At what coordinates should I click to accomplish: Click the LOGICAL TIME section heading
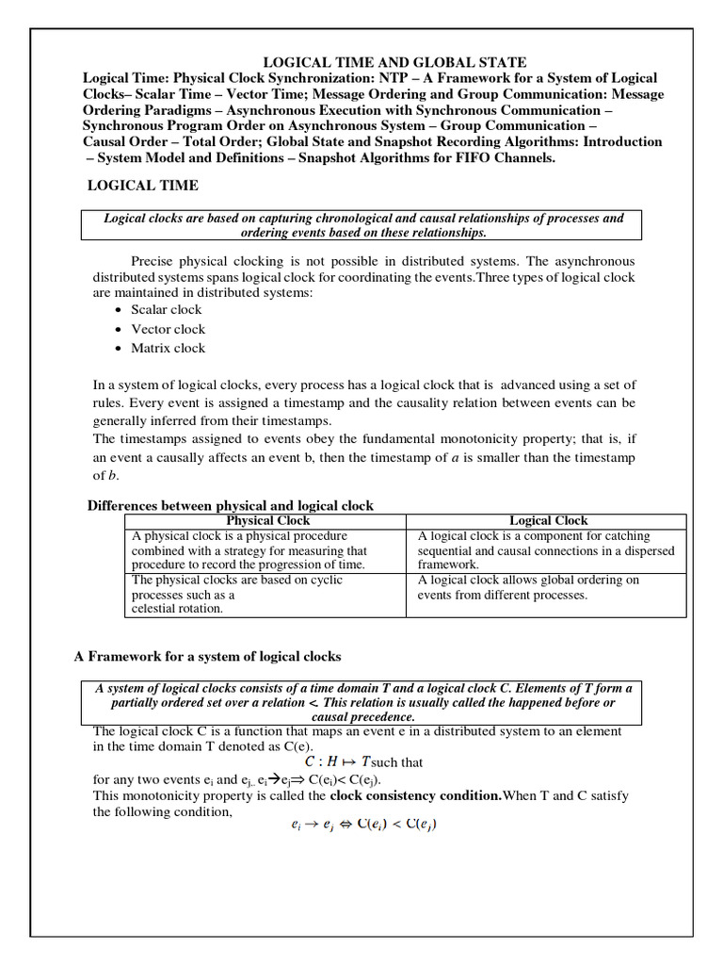click(x=143, y=186)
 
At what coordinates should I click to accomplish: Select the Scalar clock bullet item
click(x=166, y=309)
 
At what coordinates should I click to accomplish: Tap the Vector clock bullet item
click(x=168, y=329)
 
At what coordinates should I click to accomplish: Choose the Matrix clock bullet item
click(x=168, y=348)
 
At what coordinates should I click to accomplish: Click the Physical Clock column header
click(x=268, y=520)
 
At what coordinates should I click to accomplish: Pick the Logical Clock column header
click(x=548, y=520)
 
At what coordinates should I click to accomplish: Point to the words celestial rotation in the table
click(x=177, y=609)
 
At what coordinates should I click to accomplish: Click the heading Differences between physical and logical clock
click(x=231, y=505)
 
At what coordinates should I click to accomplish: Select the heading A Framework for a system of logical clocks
click(x=207, y=656)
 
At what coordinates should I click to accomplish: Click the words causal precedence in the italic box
click(x=362, y=716)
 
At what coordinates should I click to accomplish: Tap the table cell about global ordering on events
click(x=528, y=587)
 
